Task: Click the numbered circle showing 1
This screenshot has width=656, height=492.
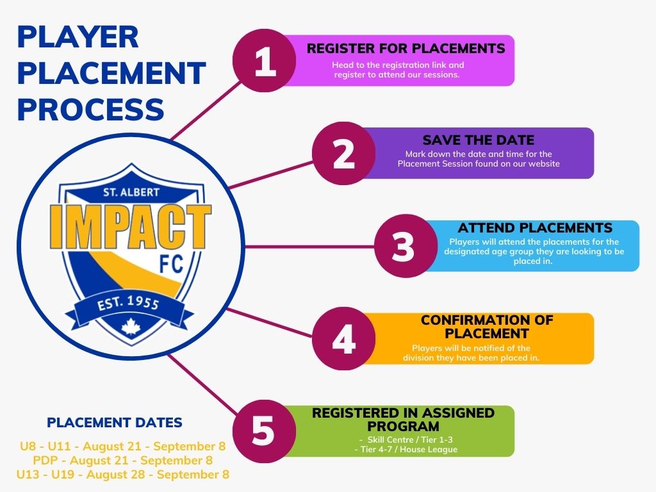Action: pos(265,61)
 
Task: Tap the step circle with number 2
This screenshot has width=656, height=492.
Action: pos(344,153)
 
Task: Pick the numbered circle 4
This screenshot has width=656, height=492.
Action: pos(344,338)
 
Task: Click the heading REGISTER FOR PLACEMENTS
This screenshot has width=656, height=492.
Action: pos(406,49)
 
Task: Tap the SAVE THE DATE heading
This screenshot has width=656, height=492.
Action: pos(478,140)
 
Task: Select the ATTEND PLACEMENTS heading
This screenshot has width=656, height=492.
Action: pos(535,228)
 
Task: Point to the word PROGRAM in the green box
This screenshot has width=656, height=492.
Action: pos(404,426)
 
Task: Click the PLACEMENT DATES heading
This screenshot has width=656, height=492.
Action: pos(115,423)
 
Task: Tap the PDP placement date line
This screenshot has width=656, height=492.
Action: pos(122,460)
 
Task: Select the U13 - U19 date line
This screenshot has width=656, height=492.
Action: pos(122,475)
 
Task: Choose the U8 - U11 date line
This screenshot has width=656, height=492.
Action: pos(122,446)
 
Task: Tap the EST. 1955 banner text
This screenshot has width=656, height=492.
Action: pos(128,303)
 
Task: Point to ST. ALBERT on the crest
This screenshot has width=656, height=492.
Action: pos(131,192)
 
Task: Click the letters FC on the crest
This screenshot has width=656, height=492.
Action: pos(172,263)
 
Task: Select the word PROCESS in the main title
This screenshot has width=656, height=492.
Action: pos(90,110)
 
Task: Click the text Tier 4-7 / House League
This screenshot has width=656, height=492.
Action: pos(406,450)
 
